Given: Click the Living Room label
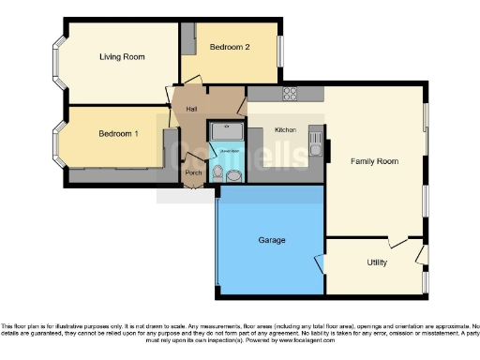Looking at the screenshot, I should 122,57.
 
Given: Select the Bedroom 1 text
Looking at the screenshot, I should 118,133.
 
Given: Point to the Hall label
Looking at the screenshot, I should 191,110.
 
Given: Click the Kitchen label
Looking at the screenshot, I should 285,130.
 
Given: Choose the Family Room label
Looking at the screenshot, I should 374,161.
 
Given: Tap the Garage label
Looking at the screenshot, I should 272,240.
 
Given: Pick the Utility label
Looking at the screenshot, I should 377,262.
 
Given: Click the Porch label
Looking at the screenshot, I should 193,172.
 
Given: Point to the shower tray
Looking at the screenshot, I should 225,131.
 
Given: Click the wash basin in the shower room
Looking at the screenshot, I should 235,172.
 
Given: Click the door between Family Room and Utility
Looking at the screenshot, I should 398,241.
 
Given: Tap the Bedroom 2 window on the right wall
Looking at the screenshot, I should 279,48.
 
